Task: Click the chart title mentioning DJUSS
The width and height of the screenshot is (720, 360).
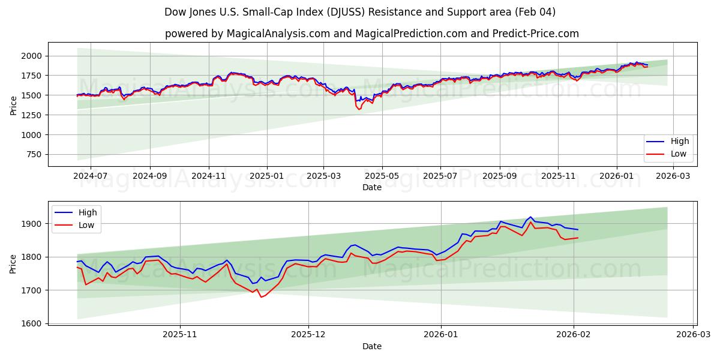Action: [x=359, y=12]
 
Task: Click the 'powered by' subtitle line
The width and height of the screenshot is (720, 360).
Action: [x=372, y=34]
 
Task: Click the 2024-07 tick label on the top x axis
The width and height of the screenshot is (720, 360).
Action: [x=90, y=176]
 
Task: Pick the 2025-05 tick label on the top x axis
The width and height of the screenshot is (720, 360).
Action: [x=382, y=176]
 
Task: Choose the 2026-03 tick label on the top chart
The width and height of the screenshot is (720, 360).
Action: [x=673, y=176]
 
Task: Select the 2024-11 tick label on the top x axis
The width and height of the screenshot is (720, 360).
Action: [x=208, y=176]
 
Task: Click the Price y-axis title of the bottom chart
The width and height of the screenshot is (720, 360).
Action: [x=13, y=263]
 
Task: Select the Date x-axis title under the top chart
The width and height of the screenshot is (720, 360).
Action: [x=372, y=187]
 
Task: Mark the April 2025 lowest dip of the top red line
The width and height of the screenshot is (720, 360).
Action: [x=359, y=109]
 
